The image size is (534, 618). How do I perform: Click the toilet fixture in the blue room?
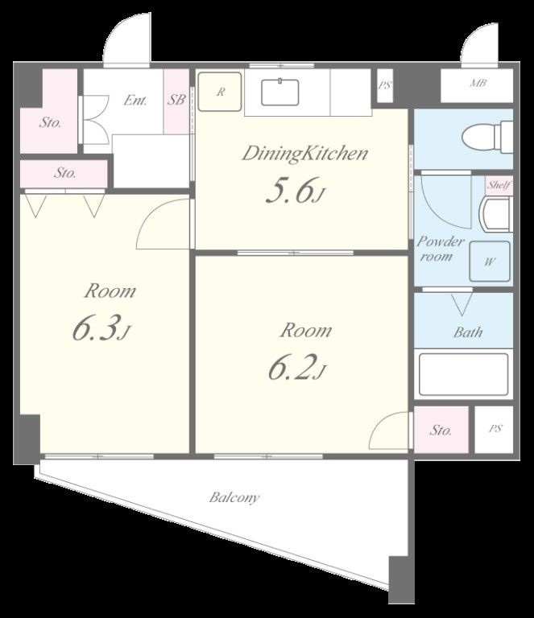[x=487, y=137]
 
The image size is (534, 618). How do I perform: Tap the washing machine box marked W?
[x=490, y=262]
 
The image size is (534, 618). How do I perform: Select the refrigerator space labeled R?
[x=220, y=92]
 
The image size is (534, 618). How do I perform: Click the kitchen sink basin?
[x=280, y=93]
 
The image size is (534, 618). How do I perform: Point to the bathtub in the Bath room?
[x=463, y=374]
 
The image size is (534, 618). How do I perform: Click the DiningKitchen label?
[x=305, y=154]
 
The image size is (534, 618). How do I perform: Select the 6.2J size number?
[x=297, y=368]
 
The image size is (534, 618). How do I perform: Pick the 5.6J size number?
[x=296, y=191]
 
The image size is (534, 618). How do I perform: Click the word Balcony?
[x=234, y=497]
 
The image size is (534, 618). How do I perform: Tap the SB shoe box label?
[x=176, y=100]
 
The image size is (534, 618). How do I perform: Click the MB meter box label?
[x=478, y=83]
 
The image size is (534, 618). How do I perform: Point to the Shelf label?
[x=499, y=184]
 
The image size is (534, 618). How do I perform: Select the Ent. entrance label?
[x=135, y=100]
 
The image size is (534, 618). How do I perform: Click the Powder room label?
[x=441, y=249]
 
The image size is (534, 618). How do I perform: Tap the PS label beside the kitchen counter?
[x=384, y=85]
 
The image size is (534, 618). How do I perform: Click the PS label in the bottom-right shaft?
[x=495, y=428]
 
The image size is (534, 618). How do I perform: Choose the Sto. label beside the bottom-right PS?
[x=441, y=430]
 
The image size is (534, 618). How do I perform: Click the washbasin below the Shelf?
[x=496, y=214]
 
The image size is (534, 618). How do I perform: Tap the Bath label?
[x=468, y=332]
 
